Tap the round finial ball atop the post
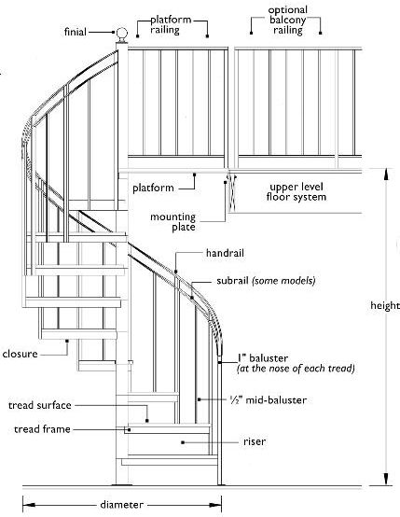tap(120, 34)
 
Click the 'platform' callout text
tap(153, 188)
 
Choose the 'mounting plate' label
tap(173, 222)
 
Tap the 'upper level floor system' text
tap(297, 191)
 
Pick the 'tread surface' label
tap(40, 406)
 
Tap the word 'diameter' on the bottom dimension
tap(122, 505)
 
